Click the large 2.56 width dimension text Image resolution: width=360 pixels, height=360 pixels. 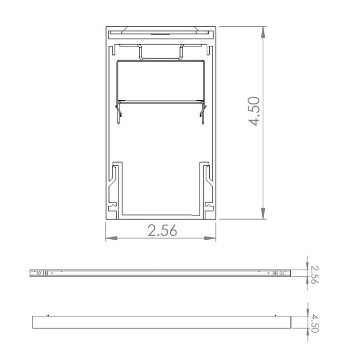162,231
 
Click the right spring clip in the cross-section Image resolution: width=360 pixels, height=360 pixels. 202,111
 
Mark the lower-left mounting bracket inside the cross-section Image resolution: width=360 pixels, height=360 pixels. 115,188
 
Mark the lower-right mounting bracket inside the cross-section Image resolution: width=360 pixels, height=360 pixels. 206,188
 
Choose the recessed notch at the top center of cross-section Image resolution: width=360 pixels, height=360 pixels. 161,52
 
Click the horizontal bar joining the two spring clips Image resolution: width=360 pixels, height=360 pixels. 161,101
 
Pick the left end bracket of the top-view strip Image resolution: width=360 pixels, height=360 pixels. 41,273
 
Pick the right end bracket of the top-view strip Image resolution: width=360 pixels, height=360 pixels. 280,273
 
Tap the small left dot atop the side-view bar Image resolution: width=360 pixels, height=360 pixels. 47,315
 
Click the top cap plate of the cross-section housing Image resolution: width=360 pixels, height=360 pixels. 161,32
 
